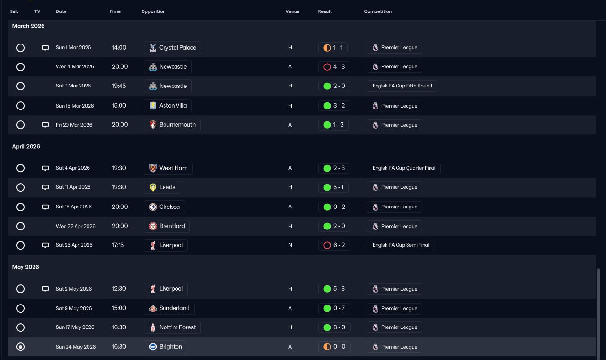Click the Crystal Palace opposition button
click(172, 48)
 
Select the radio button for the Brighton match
click(20, 347)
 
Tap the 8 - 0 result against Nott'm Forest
click(334, 327)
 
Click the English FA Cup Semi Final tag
click(400, 245)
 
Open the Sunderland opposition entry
click(169, 308)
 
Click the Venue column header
click(292, 11)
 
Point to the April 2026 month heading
click(26, 146)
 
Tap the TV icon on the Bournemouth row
click(45, 125)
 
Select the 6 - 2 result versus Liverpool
click(334, 245)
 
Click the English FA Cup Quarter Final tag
click(403, 168)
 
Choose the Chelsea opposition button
click(164, 207)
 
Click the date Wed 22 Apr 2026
click(76, 226)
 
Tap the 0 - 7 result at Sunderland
click(334, 308)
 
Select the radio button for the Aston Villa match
click(20, 106)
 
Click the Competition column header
click(378, 11)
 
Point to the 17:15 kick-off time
click(118, 245)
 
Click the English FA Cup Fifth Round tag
click(402, 86)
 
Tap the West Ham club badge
click(153, 168)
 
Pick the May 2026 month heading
click(25, 267)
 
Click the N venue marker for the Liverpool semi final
click(290, 245)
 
